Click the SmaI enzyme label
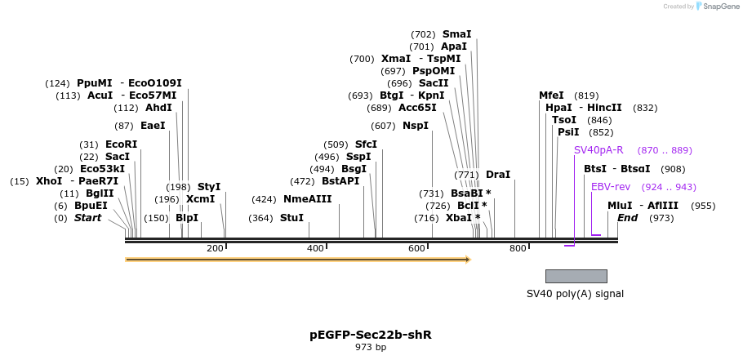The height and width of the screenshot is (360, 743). (456, 34)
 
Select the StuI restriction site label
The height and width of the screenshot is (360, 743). (291, 218)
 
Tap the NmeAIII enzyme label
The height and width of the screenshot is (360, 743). (307, 199)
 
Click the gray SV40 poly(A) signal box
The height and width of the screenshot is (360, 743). (576, 276)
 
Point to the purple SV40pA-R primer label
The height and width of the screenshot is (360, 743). (598, 150)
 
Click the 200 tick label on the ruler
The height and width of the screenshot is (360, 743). (215, 248)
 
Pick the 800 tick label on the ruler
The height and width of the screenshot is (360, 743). (517, 248)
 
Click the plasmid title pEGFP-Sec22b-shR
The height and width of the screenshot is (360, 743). (370, 335)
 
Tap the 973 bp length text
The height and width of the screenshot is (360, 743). (370, 348)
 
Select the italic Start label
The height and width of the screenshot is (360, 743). (87, 218)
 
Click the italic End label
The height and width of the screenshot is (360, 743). (627, 218)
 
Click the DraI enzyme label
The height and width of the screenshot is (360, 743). (497, 175)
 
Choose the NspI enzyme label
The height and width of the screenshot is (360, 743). (415, 126)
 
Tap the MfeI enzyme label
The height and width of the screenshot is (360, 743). (551, 96)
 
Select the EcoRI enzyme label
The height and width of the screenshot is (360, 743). (121, 144)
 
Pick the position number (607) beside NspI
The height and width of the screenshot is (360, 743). (382, 126)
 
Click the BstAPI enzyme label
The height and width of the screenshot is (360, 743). (340, 181)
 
